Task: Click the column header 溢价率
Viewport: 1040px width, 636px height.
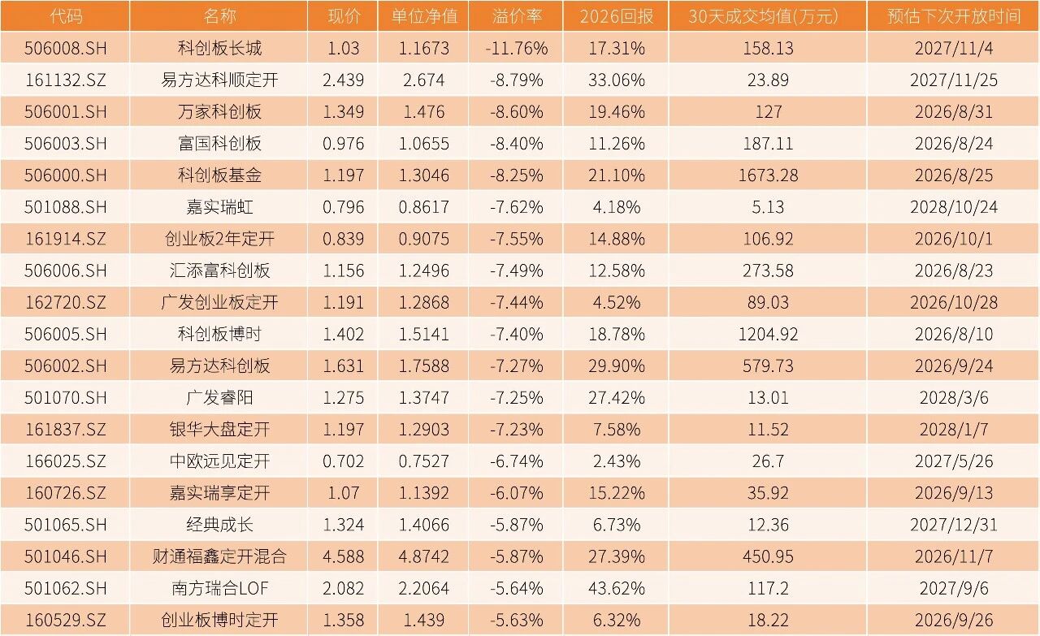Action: pos(517,16)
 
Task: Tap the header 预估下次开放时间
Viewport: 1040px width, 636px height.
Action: pos(953,16)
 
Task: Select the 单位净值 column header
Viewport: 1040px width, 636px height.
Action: pos(424,16)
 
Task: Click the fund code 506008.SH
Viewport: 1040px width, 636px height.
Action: pos(66,48)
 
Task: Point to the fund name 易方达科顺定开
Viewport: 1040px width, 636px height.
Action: pos(219,80)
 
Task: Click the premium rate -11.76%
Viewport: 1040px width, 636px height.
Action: pos(517,48)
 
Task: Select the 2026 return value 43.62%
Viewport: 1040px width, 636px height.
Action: pos(617,588)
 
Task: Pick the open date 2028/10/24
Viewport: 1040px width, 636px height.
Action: pos(954,207)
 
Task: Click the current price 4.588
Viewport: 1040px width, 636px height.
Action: pos(343,556)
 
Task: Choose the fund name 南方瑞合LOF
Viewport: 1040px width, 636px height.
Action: pos(219,588)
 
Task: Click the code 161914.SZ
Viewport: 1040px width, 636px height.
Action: pos(66,239)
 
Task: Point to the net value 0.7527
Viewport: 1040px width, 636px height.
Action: pos(424,461)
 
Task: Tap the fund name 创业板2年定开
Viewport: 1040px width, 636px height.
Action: pos(219,239)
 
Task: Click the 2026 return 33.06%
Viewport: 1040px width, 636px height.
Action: pos(617,80)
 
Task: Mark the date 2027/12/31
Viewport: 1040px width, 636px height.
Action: pos(954,525)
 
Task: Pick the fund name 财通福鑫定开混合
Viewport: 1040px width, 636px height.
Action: pos(219,556)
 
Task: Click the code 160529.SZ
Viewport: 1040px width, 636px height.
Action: pos(66,620)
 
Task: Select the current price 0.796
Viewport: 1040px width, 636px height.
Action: pos(343,207)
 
